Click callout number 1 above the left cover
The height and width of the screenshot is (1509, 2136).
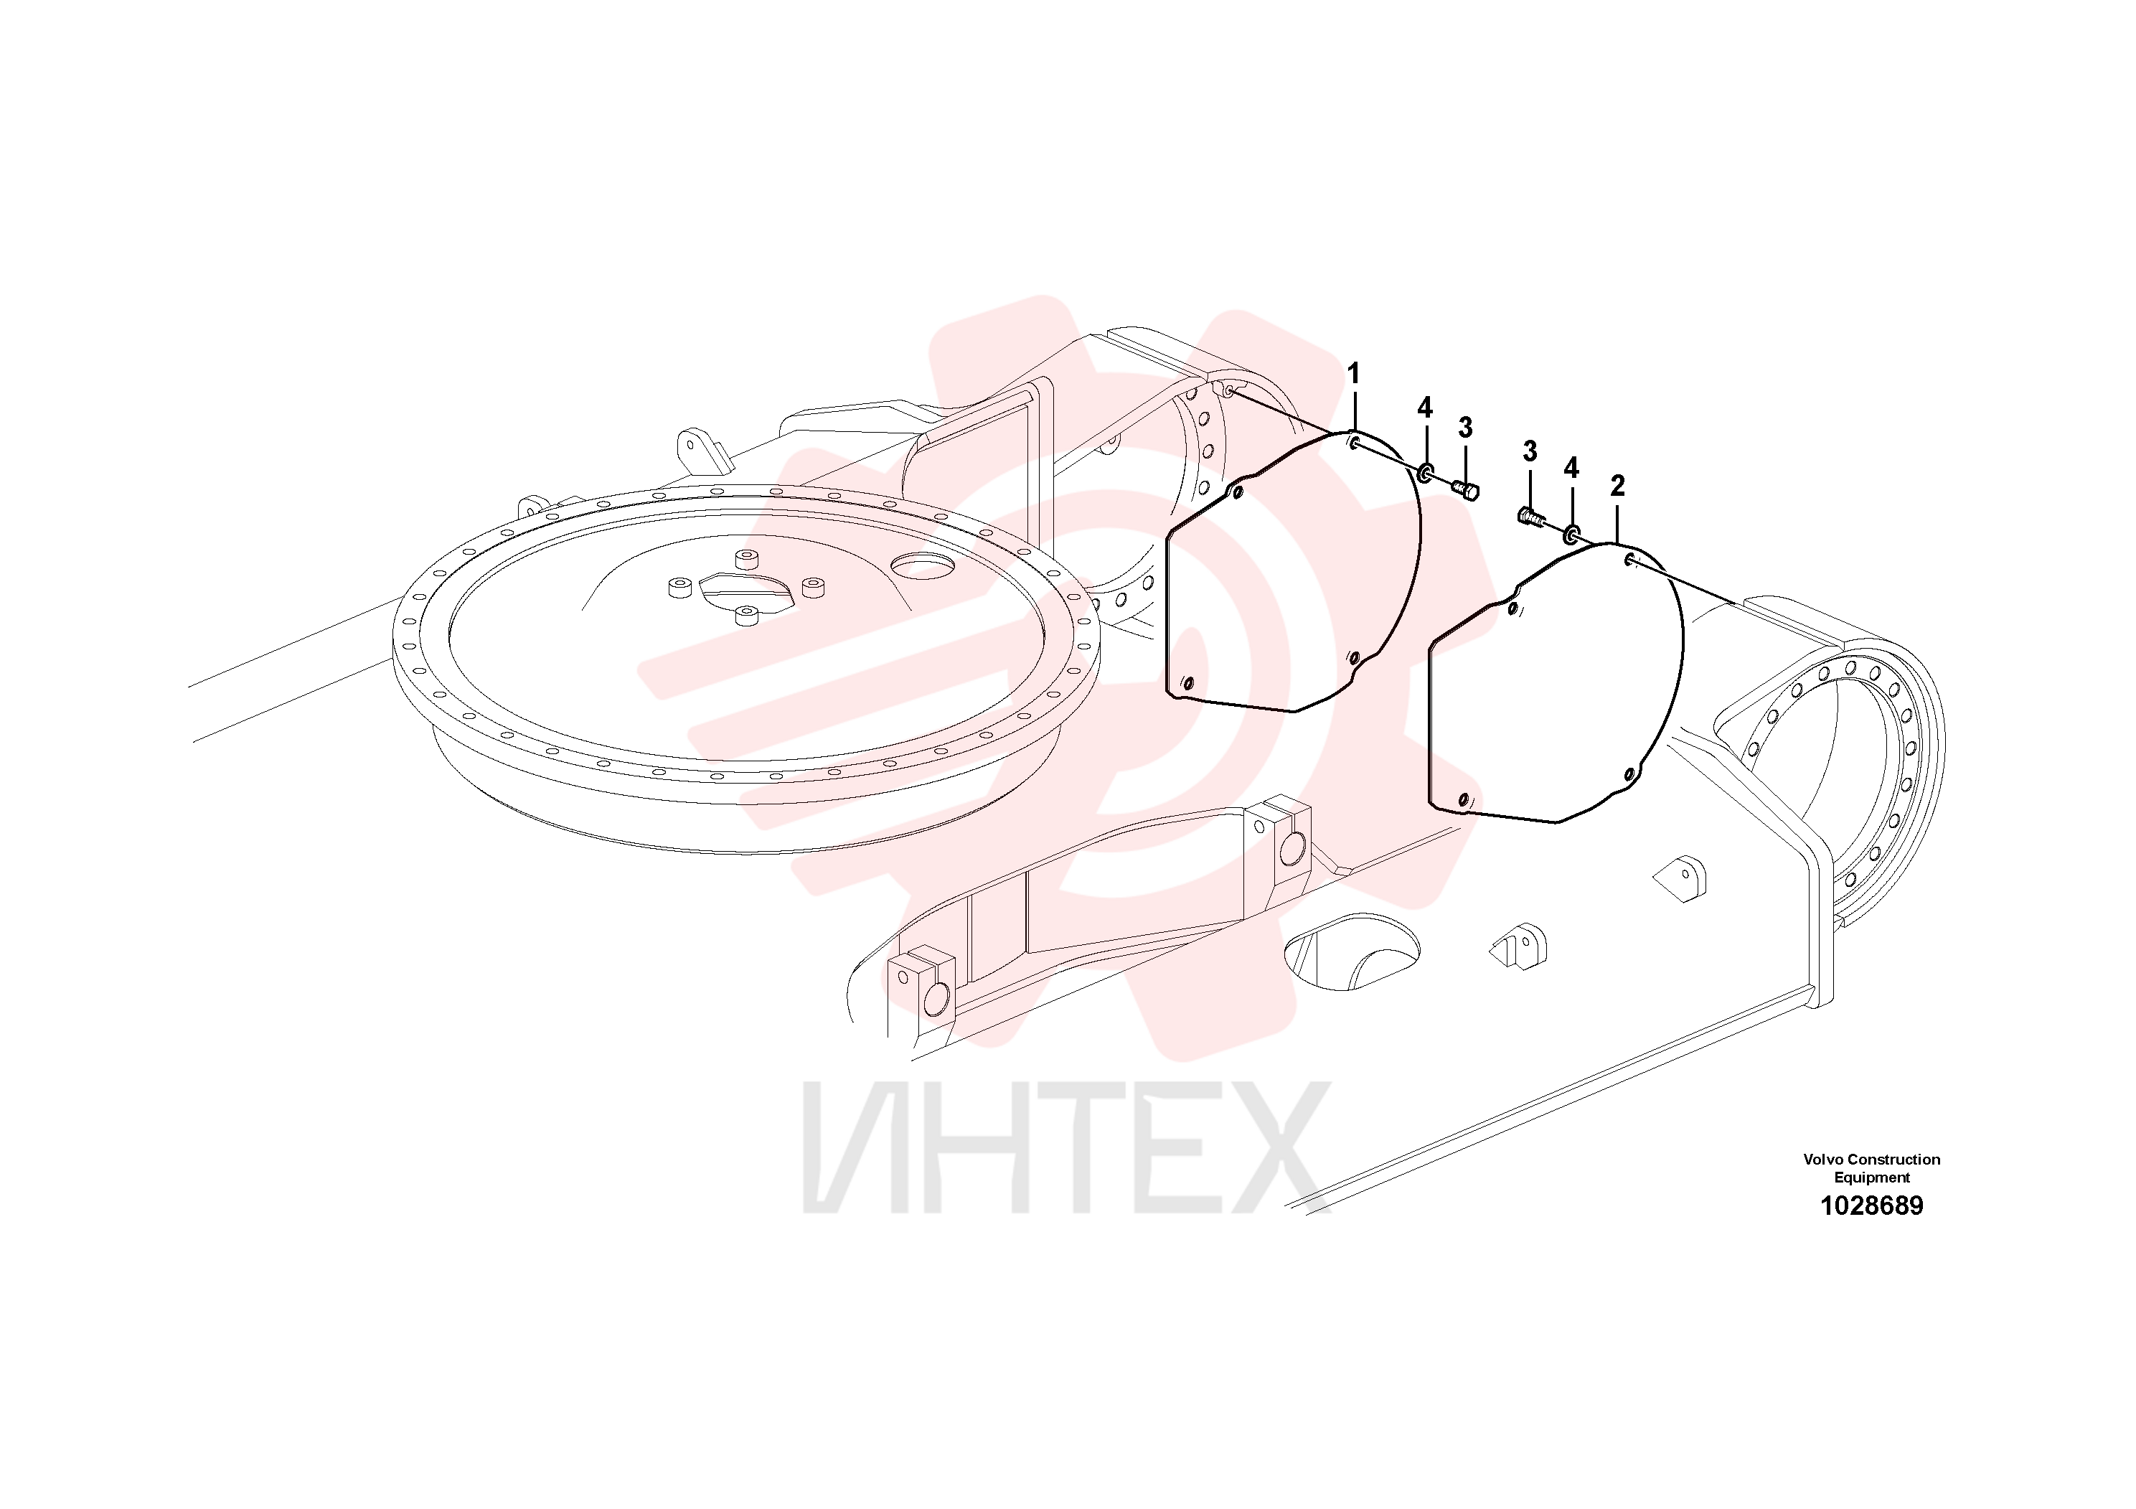click(1354, 374)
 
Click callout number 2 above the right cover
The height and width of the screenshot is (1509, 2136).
click(1618, 486)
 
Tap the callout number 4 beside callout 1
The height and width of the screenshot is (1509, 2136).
click(1424, 408)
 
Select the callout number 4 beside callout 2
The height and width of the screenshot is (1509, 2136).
click(1571, 468)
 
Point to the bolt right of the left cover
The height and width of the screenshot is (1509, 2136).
click(1465, 489)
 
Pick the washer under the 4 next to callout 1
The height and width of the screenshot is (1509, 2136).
click(1424, 474)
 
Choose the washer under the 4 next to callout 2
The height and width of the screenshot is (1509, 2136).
click(1571, 534)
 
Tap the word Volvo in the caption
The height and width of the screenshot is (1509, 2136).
click(1822, 1159)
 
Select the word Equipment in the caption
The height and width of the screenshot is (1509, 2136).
click(1872, 1177)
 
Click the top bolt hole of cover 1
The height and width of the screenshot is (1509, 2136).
click(1355, 443)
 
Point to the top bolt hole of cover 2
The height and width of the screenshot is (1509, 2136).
click(1630, 559)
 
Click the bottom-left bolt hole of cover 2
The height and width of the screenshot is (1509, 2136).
click(1464, 799)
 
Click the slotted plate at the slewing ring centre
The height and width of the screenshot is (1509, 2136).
click(747, 593)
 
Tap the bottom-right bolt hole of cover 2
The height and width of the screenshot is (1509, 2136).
click(1629, 774)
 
